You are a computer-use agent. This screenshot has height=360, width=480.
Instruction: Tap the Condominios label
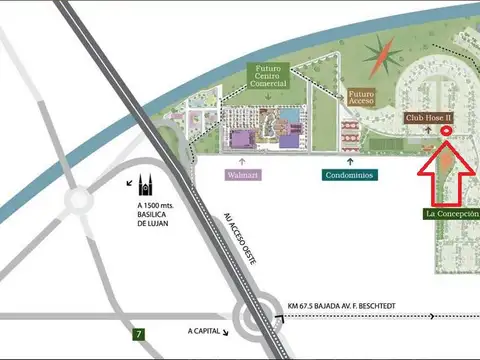click(x=349, y=175)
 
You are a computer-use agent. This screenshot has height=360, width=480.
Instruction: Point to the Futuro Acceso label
click(x=361, y=98)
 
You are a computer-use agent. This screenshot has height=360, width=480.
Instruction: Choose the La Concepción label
click(x=452, y=214)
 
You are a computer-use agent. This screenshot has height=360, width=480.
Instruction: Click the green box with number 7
click(x=138, y=333)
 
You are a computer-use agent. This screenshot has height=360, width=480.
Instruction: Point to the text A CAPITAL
click(x=206, y=328)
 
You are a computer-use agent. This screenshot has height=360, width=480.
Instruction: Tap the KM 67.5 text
click(x=301, y=293)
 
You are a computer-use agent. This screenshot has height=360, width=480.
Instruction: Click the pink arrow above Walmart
click(x=241, y=158)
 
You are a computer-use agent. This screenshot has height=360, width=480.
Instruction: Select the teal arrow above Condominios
click(x=349, y=158)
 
